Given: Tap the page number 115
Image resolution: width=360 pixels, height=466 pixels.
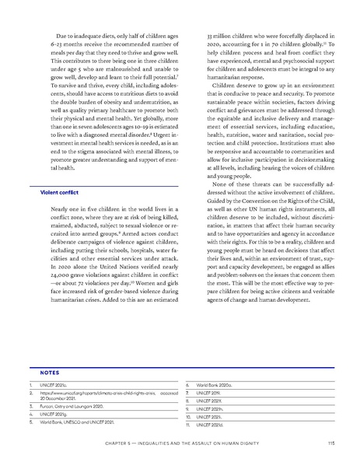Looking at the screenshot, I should point(331,443).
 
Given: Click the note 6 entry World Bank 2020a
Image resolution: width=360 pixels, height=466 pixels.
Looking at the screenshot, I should point(215,385).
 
